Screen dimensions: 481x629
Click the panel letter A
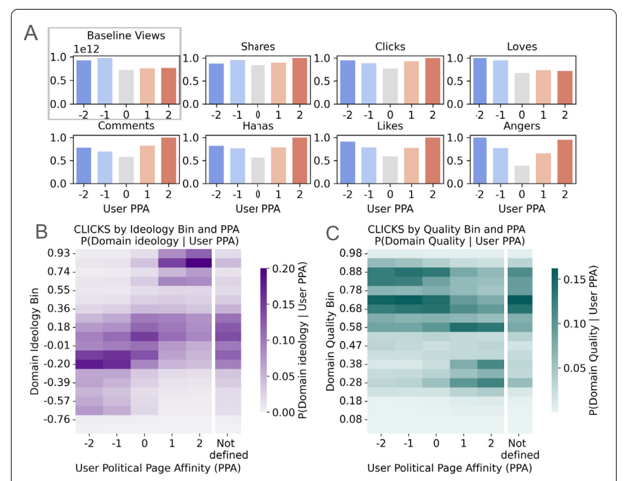(32, 32)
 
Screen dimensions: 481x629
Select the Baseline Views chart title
(126, 35)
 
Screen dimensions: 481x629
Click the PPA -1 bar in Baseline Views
(105, 81)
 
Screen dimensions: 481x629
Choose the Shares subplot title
(258, 47)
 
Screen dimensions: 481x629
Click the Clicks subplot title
(390, 47)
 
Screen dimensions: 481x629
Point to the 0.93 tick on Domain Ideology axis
(59, 254)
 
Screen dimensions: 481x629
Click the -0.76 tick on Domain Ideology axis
(57, 420)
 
